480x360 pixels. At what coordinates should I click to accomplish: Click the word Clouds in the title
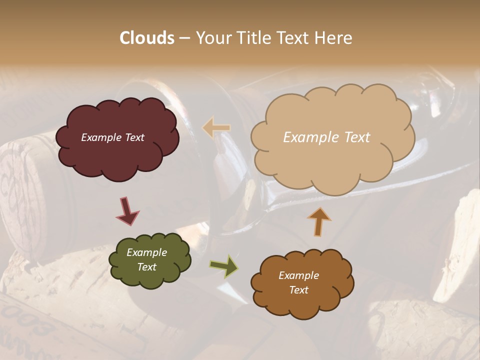click(147, 38)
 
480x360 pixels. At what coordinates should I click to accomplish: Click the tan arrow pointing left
click(216, 127)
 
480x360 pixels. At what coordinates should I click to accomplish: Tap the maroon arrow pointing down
click(127, 211)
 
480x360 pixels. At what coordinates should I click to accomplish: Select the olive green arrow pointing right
click(223, 266)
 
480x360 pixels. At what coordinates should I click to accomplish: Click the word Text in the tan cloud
click(353, 137)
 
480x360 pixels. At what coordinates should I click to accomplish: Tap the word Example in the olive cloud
click(146, 252)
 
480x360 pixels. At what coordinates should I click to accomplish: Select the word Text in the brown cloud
click(298, 290)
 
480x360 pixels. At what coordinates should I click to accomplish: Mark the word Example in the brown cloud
click(298, 275)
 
